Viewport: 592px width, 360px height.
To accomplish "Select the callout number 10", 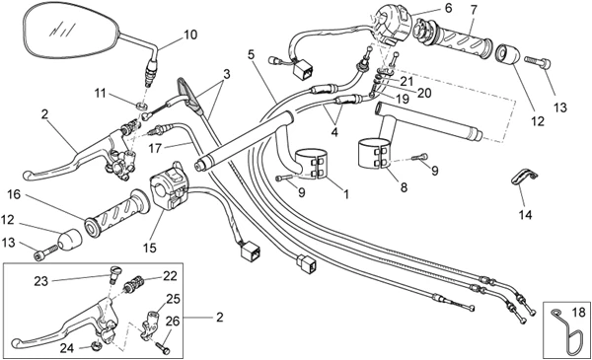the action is click(190, 35).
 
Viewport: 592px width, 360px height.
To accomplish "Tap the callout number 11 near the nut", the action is click(100, 93).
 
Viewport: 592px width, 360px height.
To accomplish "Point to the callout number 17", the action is click(155, 148).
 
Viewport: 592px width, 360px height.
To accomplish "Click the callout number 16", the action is click(14, 194).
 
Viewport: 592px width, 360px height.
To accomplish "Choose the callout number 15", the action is click(150, 248).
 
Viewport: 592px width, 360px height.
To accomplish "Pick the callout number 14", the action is click(525, 215).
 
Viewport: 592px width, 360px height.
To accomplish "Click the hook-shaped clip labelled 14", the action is click(524, 177).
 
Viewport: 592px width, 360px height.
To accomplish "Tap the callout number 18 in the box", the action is click(578, 313).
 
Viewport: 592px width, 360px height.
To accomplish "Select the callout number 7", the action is click(474, 10).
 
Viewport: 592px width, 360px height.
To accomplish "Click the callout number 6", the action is click(448, 8).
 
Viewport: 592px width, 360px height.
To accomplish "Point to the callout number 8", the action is click(404, 187).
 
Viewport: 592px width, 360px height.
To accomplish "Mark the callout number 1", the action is click(346, 194).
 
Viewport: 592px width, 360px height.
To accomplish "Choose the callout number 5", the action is click(251, 54).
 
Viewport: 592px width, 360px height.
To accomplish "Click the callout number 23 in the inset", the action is click(41, 281).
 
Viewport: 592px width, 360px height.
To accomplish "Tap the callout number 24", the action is click(67, 348).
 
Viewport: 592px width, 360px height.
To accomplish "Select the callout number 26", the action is click(173, 322).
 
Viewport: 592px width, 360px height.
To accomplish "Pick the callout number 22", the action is click(170, 276).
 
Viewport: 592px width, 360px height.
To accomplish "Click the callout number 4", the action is click(334, 132).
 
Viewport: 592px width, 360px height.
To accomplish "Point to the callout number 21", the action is click(407, 81).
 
